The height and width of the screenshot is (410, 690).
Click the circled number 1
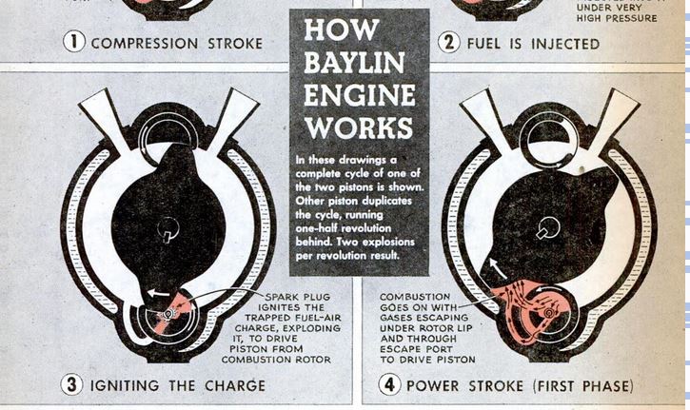tap(74, 42)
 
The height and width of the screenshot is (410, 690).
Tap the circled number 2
tap(449, 43)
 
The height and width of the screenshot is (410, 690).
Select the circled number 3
tap(71, 384)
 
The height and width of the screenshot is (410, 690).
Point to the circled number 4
tap(390, 384)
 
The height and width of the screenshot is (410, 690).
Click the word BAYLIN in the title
tap(354, 63)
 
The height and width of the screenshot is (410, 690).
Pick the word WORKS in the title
tap(359, 127)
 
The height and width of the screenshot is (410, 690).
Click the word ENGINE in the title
tap(360, 95)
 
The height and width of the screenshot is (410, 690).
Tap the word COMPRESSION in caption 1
tap(145, 44)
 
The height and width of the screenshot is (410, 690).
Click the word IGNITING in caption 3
tap(125, 386)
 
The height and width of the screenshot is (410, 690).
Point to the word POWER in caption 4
tap(433, 386)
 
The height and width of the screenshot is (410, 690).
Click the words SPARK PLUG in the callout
tap(298, 297)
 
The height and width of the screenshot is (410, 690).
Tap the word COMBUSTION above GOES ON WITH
tap(415, 297)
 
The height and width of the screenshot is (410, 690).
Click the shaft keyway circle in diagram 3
tap(168, 228)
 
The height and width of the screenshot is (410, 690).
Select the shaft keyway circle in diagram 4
tap(548, 228)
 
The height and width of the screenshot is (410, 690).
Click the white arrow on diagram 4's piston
tap(499, 268)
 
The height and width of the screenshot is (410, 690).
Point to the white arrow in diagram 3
tap(158, 293)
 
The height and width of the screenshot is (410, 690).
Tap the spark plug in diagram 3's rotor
tap(168, 313)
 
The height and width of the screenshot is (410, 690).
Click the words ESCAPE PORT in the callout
tap(416, 349)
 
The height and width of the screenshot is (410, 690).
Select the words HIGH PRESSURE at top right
tap(617, 18)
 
